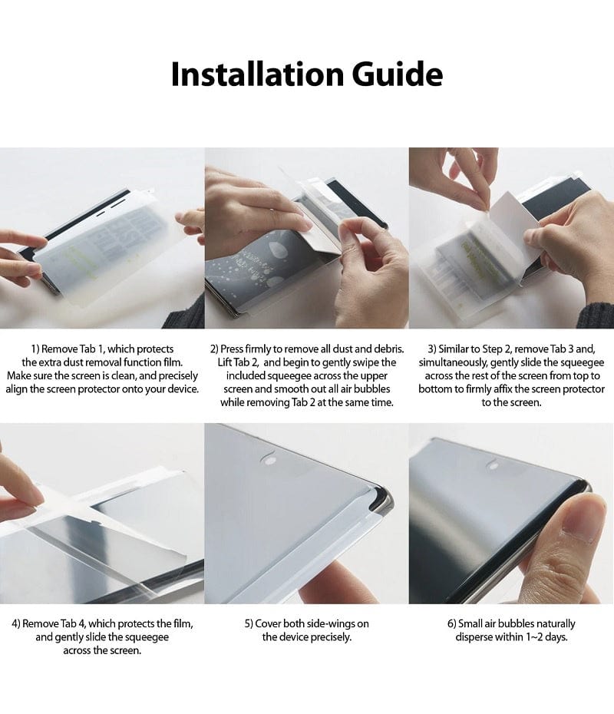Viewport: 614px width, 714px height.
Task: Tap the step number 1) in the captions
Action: (37, 349)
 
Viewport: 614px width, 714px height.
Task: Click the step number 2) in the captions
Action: (216, 349)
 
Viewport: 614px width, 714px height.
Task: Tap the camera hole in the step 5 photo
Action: (268, 459)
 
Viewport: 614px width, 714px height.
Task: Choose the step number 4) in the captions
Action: (16, 623)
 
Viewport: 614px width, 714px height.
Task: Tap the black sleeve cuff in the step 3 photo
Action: (595, 315)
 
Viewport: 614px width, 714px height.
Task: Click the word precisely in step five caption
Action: (332, 637)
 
